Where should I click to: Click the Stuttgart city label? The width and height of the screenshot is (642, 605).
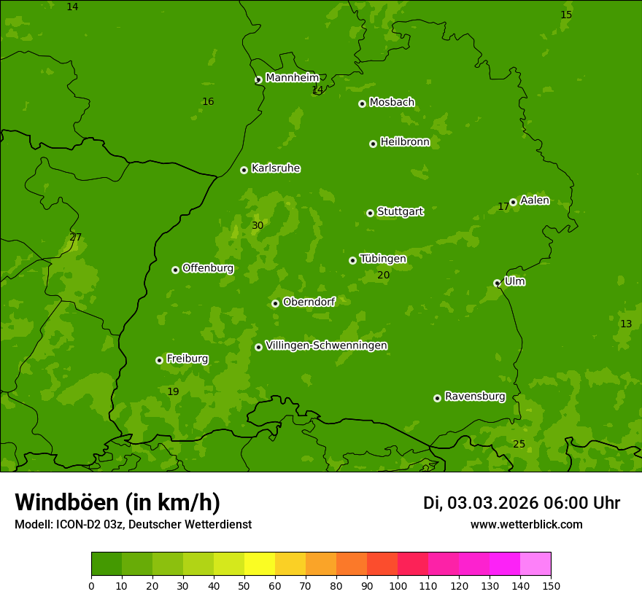[400, 212]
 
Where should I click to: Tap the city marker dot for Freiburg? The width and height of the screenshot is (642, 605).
[159, 360]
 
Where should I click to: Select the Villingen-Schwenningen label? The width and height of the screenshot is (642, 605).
[326, 346]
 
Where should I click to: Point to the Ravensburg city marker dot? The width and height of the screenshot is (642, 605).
[437, 398]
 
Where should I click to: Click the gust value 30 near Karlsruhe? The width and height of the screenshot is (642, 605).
[258, 226]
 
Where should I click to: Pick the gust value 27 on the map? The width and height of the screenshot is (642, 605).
[76, 238]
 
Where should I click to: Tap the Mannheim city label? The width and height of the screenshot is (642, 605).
[292, 78]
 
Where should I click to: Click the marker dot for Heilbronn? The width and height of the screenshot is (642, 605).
[373, 144]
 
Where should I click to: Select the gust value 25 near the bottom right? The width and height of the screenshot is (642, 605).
[519, 445]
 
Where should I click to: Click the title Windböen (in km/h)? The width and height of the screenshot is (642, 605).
[117, 502]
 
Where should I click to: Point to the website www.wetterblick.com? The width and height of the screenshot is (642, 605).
[526, 525]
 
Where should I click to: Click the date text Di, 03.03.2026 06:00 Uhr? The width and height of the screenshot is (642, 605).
[521, 503]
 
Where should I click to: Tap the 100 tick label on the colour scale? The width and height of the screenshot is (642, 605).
[398, 585]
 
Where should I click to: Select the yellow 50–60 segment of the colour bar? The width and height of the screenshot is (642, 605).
[260, 564]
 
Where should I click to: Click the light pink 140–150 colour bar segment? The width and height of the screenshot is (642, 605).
[535, 564]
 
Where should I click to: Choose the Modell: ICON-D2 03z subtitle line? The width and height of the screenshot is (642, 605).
[133, 525]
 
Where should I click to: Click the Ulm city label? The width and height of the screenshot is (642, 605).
[514, 281]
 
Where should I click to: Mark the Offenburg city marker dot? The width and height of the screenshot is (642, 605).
[175, 270]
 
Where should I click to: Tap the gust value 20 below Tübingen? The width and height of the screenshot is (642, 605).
[384, 276]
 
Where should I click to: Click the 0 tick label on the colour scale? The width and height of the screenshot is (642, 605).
[91, 585]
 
